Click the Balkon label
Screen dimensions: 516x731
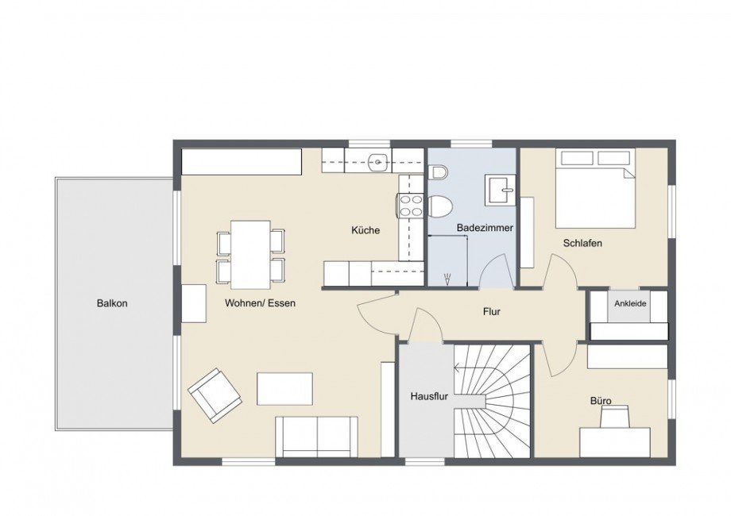pos(112,303)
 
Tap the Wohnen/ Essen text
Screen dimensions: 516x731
pos(260,303)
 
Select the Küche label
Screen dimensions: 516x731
pos(365,230)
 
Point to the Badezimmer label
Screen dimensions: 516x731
pos(485,228)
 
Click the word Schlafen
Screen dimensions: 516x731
pos(582,243)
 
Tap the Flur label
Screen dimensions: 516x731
pos(491,312)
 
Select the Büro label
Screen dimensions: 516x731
pos(600,401)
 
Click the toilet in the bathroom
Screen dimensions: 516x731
pos(439,203)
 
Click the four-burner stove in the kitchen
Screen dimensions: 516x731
pos(410,206)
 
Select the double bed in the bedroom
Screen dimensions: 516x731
pos(595,188)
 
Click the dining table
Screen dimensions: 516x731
pos(250,254)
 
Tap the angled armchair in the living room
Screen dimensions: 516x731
pos(215,395)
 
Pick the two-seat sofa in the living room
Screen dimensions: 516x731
pos(316,436)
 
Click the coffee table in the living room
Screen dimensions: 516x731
pos(284,388)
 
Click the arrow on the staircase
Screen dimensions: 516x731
pos(458,367)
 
